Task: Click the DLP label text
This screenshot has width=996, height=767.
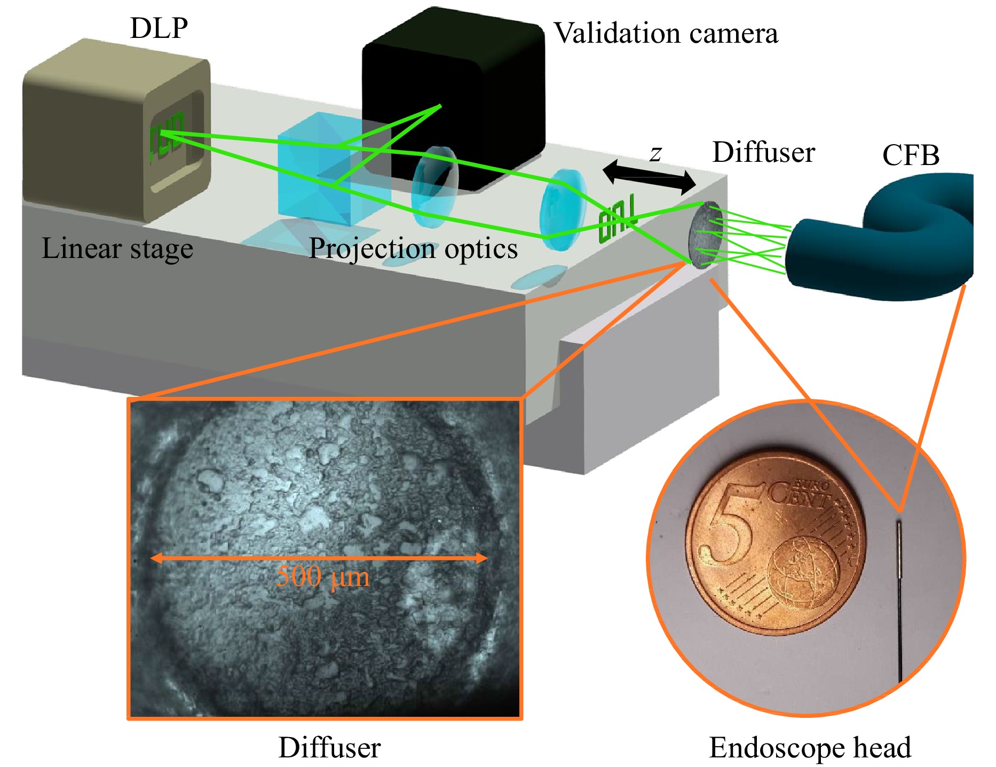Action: tap(159, 28)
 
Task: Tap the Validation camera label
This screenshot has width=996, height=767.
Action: tap(666, 33)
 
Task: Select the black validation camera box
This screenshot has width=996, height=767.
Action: tap(453, 99)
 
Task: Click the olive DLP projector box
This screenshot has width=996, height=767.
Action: tap(117, 130)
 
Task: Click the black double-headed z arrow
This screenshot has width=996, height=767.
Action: tap(649, 176)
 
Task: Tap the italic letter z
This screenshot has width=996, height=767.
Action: tap(655, 153)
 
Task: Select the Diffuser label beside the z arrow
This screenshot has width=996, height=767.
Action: tap(763, 152)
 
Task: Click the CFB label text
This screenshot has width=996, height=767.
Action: tap(911, 155)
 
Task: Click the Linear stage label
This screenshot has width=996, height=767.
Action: tap(117, 249)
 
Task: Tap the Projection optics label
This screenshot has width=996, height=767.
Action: tap(413, 249)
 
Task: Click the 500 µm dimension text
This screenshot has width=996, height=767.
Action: tap(323, 577)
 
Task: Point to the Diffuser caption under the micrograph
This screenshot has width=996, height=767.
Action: tap(329, 747)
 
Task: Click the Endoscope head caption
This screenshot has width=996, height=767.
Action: tap(810, 748)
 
